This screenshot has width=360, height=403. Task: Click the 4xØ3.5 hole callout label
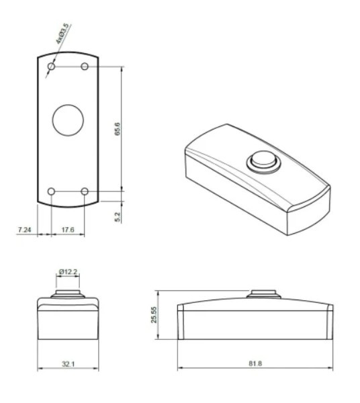(x=62, y=34)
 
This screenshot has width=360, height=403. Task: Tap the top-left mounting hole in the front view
(x=52, y=66)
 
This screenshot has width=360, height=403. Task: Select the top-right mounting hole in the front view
(x=85, y=66)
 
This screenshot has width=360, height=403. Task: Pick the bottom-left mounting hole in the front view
(x=52, y=191)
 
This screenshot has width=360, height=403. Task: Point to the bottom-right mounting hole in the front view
(x=85, y=191)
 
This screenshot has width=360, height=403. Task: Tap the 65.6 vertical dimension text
(x=117, y=129)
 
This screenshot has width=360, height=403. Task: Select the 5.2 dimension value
(x=118, y=217)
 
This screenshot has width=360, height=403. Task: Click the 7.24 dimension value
(x=24, y=230)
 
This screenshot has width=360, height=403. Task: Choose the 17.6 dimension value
(x=68, y=230)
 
